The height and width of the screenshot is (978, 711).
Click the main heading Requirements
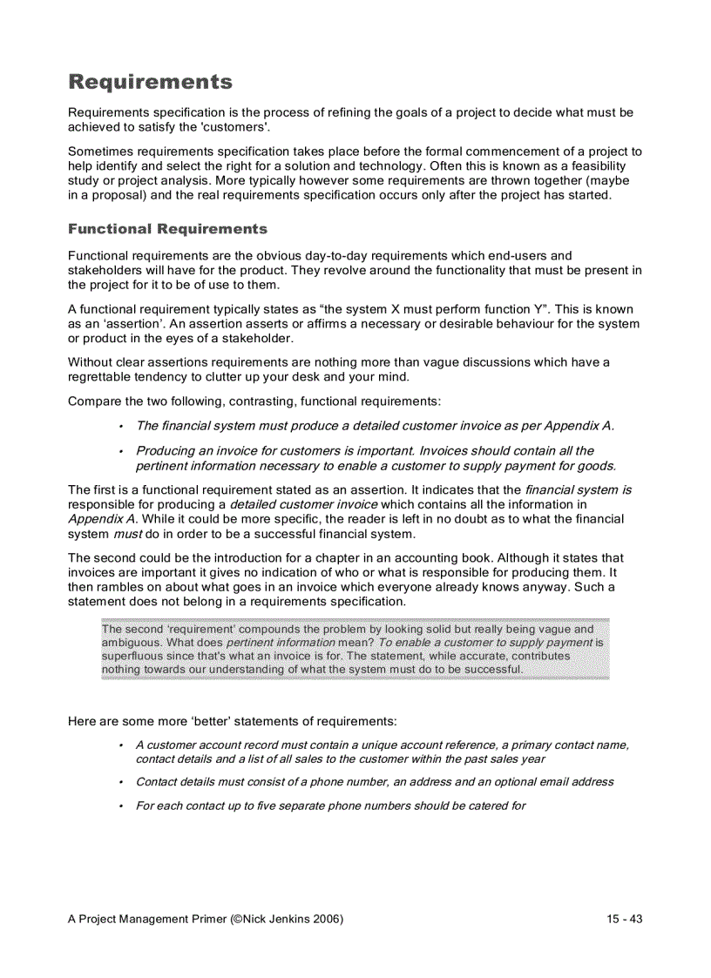(x=150, y=83)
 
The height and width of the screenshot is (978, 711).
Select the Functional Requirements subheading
(x=167, y=229)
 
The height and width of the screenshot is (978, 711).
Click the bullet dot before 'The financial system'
(x=119, y=426)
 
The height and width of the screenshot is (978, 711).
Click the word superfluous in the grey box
(x=132, y=655)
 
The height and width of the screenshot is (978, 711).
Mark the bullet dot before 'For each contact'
(x=119, y=806)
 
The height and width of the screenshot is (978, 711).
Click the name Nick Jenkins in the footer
(x=276, y=919)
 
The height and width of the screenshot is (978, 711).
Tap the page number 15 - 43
(x=625, y=919)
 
